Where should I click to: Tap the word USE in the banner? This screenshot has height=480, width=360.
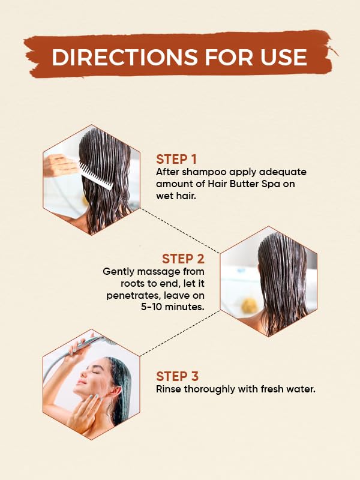pyautogui.click(x=283, y=57)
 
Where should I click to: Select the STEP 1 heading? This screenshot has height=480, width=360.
pyautogui.click(x=176, y=160)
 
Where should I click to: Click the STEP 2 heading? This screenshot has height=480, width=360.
pyautogui.click(x=183, y=259)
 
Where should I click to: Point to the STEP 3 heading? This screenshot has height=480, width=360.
pyautogui.click(x=177, y=376)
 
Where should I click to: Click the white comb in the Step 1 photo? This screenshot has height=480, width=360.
pyautogui.click(x=96, y=176)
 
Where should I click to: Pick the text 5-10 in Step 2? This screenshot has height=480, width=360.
pyautogui.click(x=151, y=307)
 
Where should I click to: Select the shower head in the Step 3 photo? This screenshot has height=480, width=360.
pyautogui.click(x=92, y=341)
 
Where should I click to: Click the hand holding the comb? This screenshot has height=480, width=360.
pyautogui.click(x=59, y=166)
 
